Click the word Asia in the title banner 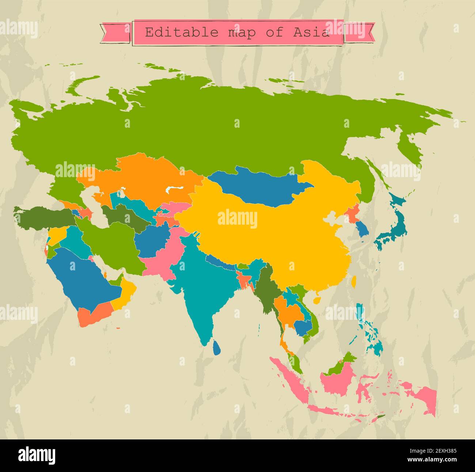coord(311,32)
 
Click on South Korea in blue coord(364,228)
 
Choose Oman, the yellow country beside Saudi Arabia coord(124,295)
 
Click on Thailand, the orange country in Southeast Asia coord(287,311)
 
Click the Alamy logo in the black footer coord(37,456)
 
